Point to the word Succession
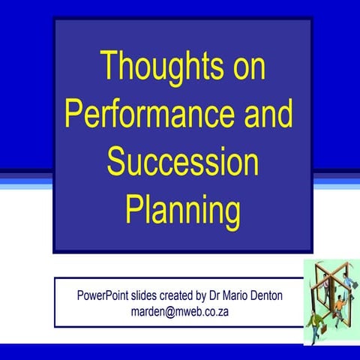pos(182,162)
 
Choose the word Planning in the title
pos(182,211)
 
